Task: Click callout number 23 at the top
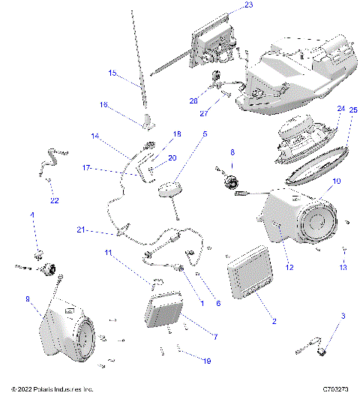coord(249,5)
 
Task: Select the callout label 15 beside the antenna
coord(112,73)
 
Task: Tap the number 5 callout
coord(205,135)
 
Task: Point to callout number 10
coord(336,181)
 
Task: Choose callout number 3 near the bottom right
coord(344,317)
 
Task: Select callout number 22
coord(53,200)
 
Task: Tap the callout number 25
coord(353,110)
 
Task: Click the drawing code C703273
coord(335,390)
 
